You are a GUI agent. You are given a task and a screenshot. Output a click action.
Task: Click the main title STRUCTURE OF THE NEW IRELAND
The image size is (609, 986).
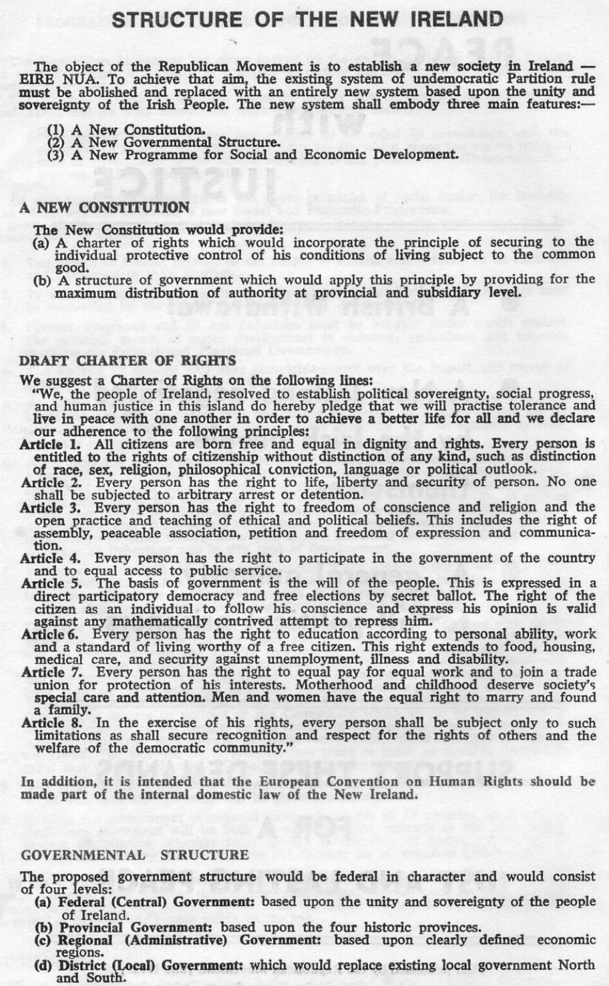[307, 19]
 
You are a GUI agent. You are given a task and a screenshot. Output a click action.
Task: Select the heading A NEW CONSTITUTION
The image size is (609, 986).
[105, 208]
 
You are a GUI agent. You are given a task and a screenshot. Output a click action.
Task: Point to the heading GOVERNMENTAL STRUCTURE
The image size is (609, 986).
[135, 855]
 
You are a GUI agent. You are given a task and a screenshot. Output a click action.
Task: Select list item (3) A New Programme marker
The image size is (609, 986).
[57, 154]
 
